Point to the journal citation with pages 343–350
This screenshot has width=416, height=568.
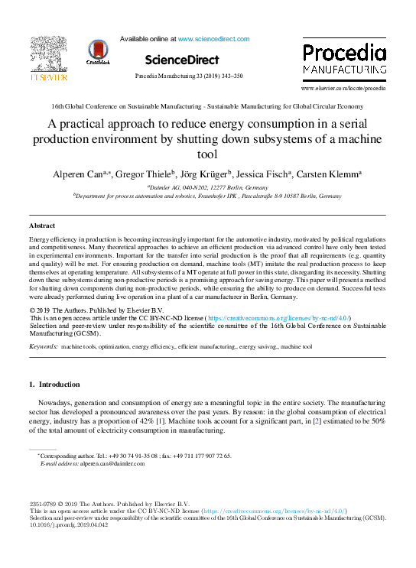click(x=188, y=76)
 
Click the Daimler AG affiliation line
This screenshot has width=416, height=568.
click(x=207, y=187)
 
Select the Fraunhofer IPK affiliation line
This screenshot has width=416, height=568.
click(x=207, y=196)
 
